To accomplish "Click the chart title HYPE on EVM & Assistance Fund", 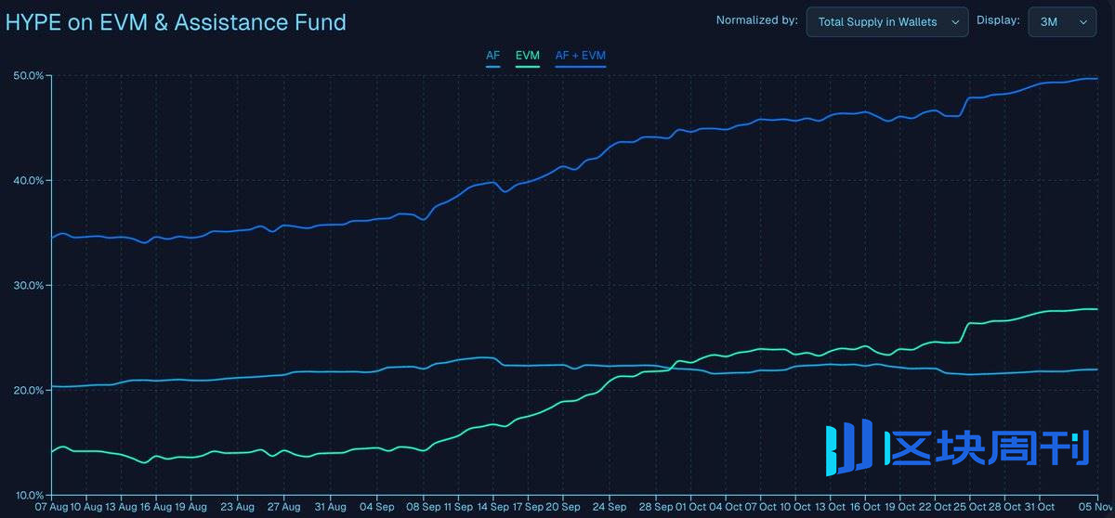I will coord(176,22).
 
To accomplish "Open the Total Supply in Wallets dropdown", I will coord(886,21).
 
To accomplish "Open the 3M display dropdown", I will coord(1061,21).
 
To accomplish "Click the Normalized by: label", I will coord(756,20).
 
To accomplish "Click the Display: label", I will coord(998,20).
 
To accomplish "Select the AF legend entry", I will coord(492,56).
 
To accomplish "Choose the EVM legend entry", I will coord(527,56).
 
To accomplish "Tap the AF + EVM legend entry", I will coord(580,56).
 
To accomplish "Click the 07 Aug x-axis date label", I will coord(52,507).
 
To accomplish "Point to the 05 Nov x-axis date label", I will coord(1096,507).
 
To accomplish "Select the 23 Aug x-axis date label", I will coord(238,507).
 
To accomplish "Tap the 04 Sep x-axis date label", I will coord(376,507).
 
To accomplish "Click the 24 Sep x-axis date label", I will coord(609,507).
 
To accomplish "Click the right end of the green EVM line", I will coord(1097,309).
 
